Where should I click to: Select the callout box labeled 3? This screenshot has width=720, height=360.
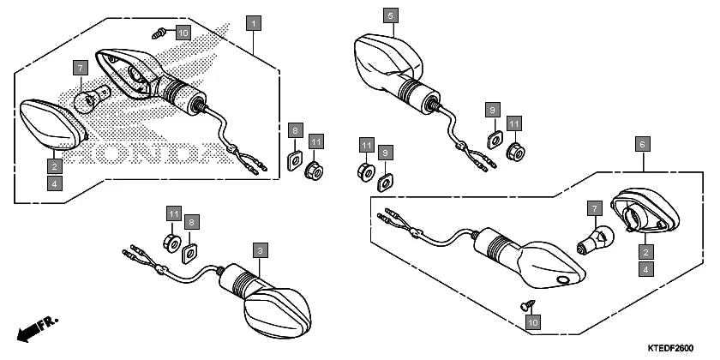pos(260,250)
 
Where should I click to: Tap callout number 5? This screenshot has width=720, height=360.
pos(390,15)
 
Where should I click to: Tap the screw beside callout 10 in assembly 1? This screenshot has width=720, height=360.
pos(159,33)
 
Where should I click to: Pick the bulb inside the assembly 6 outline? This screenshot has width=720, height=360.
pos(597,239)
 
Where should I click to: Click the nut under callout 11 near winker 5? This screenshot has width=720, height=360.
pos(515,152)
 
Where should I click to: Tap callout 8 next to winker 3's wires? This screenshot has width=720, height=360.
pos(191,221)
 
